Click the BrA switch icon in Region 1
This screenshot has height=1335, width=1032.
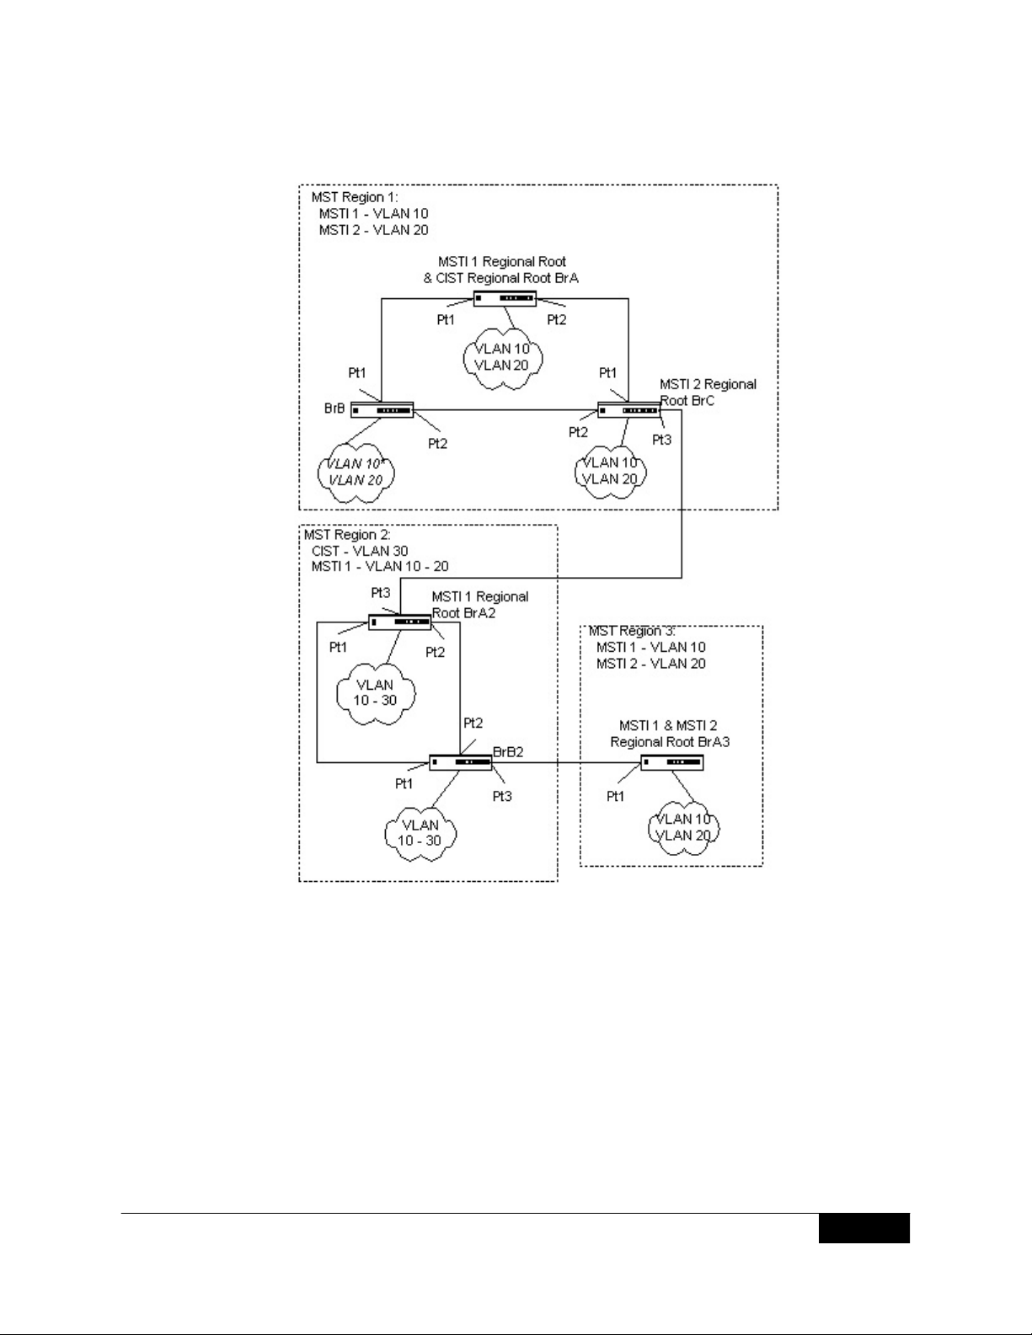504,298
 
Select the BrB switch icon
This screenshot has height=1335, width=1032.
382,410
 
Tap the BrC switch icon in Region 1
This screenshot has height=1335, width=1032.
628,410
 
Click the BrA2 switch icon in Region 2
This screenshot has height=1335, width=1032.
399,622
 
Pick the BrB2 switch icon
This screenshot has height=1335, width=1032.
460,762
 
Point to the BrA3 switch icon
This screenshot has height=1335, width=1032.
671,763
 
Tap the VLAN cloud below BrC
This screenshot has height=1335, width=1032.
611,471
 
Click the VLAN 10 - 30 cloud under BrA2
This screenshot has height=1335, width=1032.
373,692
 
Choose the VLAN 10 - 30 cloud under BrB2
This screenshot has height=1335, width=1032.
420,833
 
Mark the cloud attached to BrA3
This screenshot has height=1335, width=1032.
682,827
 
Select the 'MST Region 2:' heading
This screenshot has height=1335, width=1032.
347,535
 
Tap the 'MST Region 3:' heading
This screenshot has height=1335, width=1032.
632,631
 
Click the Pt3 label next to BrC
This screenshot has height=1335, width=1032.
662,440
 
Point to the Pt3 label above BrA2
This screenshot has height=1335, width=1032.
381,593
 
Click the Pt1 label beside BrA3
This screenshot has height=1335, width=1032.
616,796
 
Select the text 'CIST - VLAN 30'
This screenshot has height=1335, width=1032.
360,551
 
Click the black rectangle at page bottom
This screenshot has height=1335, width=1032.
864,1228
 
